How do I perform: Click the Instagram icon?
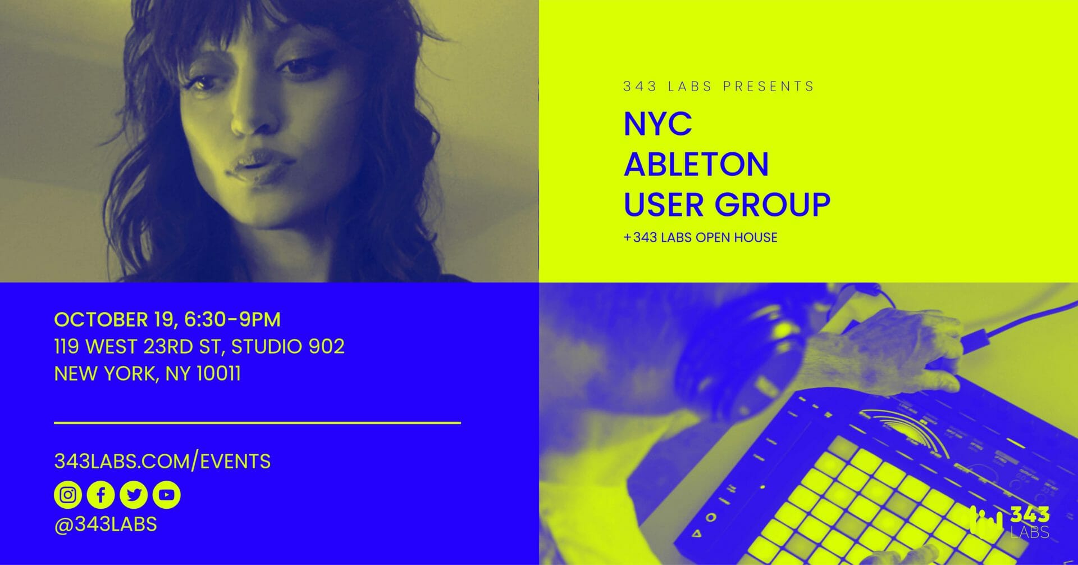[x=68, y=495]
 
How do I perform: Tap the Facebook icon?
[x=101, y=495]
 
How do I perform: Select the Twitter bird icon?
[x=134, y=495]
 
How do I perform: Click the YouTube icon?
[x=166, y=495]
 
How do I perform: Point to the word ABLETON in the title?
[x=696, y=164]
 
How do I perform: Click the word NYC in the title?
[x=657, y=124]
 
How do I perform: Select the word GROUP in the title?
[x=778, y=204]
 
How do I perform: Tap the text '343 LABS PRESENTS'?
[x=719, y=87]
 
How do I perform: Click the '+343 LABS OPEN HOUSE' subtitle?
[x=700, y=237]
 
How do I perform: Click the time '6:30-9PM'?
[x=232, y=319]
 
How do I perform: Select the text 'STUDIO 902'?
[x=288, y=346]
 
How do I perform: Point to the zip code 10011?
[x=219, y=373]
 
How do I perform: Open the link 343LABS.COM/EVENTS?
[x=162, y=462]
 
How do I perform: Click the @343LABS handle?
[x=106, y=524]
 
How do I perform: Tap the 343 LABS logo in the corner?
[x=1009, y=522]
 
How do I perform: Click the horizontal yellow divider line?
[x=257, y=422]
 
